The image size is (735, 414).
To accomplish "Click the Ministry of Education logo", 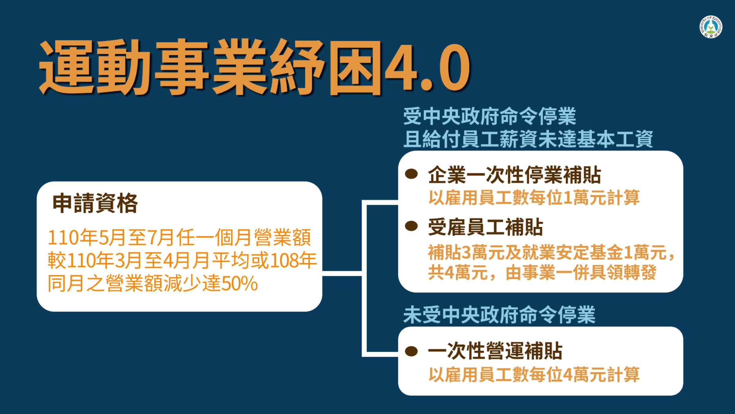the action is [x=711, y=27].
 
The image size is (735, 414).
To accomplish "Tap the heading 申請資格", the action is [x=95, y=203].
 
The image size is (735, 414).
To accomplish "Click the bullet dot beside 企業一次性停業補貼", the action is [x=411, y=174].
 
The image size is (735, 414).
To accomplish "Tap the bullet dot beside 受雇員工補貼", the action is [x=411, y=226].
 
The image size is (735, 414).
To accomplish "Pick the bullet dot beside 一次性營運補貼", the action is [x=411, y=351].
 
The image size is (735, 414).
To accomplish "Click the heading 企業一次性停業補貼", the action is [x=514, y=175].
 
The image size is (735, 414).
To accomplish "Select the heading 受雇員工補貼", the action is [x=485, y=227].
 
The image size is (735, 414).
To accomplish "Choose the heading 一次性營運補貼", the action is [x=495, y=351].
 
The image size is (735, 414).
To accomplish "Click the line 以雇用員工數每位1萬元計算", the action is [x=534, y=197].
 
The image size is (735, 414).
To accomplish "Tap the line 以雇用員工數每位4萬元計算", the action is [x=534, y=374].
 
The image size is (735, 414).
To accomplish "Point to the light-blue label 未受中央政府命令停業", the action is [x=499, y=315].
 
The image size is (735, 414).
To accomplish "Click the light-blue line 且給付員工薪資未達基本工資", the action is [x=528, y=139].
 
